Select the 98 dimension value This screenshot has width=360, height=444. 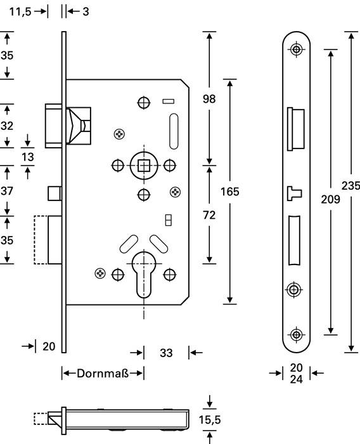209,98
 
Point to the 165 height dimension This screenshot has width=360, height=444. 231,192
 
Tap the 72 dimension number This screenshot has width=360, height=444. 209,215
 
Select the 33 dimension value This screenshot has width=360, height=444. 166,353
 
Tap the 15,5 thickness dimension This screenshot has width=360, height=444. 210,419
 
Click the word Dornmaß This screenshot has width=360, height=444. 103,373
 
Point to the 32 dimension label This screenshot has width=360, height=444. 6,125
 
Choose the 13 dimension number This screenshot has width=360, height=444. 28,157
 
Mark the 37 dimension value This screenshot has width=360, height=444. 6,190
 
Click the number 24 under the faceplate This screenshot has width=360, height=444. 296,379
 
